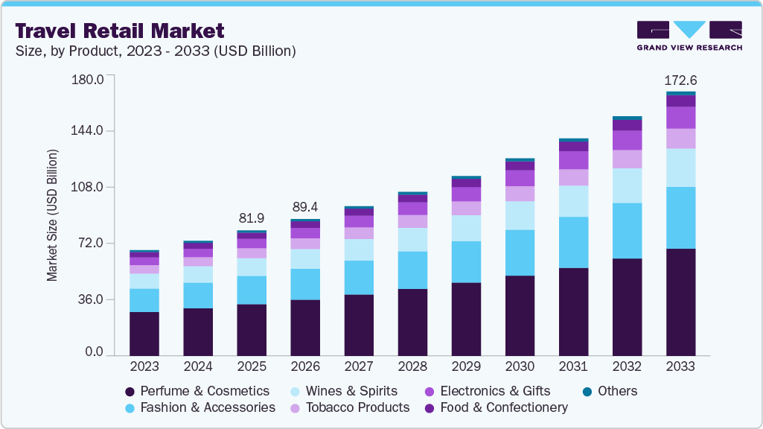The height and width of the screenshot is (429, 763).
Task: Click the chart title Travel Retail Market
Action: (x=119, y=31)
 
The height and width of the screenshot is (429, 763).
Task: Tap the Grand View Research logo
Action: (x=689, y=35)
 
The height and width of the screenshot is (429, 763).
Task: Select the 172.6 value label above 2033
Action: (x=680, y=80)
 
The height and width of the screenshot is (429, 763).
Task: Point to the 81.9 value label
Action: (x=252, y=218)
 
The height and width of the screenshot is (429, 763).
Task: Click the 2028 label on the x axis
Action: (x=412, y=366)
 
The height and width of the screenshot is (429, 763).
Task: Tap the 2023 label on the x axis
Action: (x=144, y=366)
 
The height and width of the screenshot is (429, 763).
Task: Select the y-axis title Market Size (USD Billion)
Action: (x=52, y=216)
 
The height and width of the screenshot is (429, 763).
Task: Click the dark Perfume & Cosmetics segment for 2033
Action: (x=680, y=302)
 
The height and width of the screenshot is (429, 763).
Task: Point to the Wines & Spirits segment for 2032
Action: (x=626, y=185)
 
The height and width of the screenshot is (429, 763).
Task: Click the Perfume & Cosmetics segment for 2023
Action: (x=144, y=333)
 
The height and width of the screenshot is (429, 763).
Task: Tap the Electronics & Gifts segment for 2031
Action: (x=572, y=160)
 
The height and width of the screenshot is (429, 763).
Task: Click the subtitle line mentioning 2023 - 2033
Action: (x=156, y=51)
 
